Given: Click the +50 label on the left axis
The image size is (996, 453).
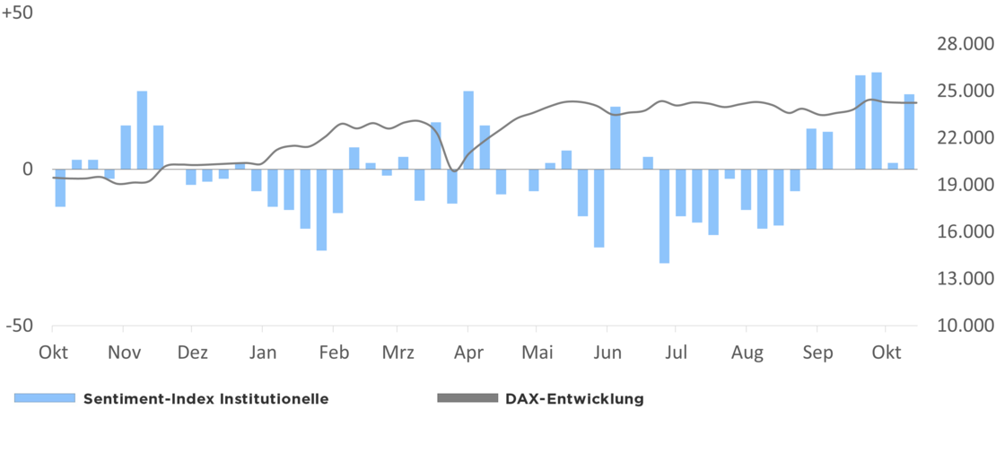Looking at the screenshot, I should click(x=17, y=16).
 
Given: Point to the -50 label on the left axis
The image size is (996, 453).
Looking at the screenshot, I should click(x=19, y=326).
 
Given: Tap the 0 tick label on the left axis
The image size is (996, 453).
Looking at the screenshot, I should click(x=27, y=169).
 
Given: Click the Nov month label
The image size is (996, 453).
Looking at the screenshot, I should click(x=125, y=353).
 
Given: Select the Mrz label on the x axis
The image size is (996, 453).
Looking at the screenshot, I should click(x=398, y=353).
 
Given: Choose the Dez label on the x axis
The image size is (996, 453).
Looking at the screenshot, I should click(x=192, y=353).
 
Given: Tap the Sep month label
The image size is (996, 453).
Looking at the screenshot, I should click(x=817, y=353).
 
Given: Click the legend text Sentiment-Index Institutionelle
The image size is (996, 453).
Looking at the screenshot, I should click(x=205, y=399).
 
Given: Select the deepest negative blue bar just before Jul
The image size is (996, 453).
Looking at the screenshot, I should click(x=664, y=215).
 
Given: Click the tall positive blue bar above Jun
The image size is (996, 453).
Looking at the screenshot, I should click(x=616, y=137).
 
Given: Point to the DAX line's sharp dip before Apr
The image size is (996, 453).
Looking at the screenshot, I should click(x=453, y=170).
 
